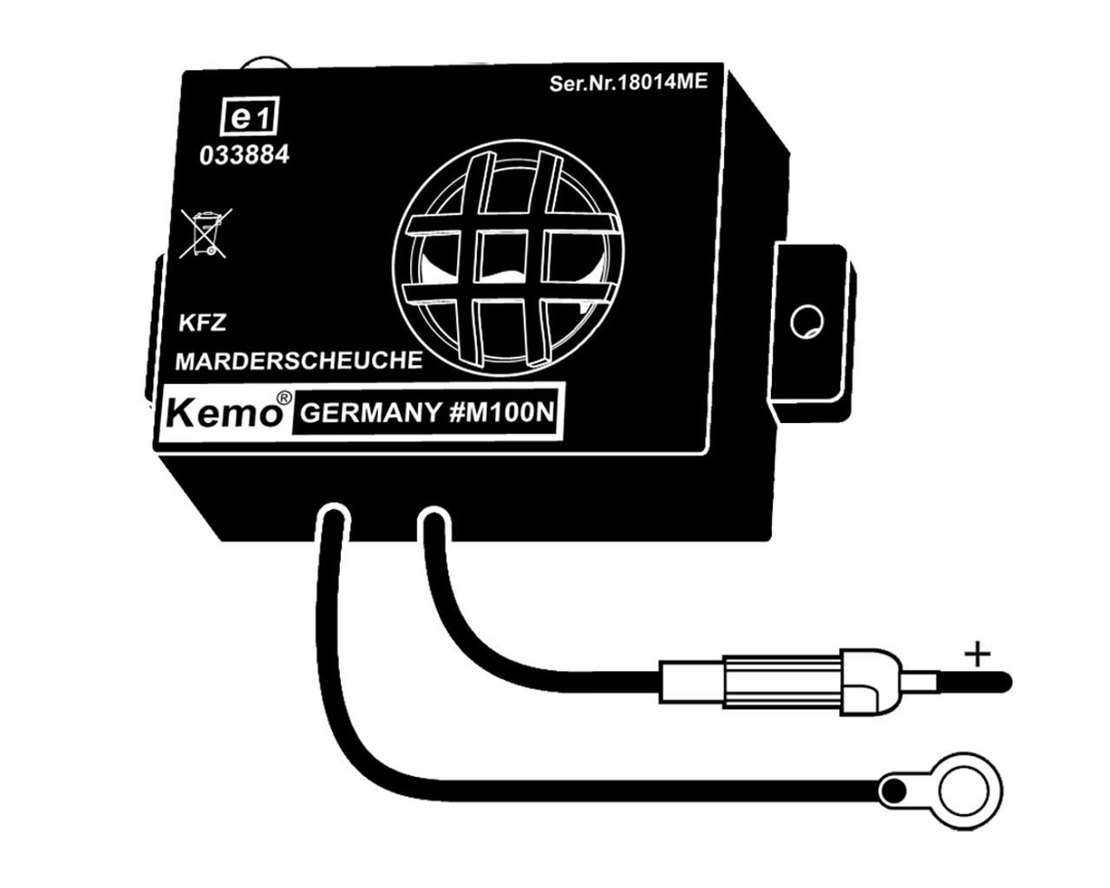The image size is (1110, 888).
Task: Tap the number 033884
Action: (x=245, y=156)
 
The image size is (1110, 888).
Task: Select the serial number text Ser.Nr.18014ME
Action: (x=629, y=83)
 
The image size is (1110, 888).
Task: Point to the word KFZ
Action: (x=201, y=323)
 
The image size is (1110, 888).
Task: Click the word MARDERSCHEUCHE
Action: (x=299, y=360)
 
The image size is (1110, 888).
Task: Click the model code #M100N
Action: (x=501, y=413)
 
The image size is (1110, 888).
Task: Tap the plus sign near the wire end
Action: (x=977, y=653)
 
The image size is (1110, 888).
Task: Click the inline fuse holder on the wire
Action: (x=772, y=680)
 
